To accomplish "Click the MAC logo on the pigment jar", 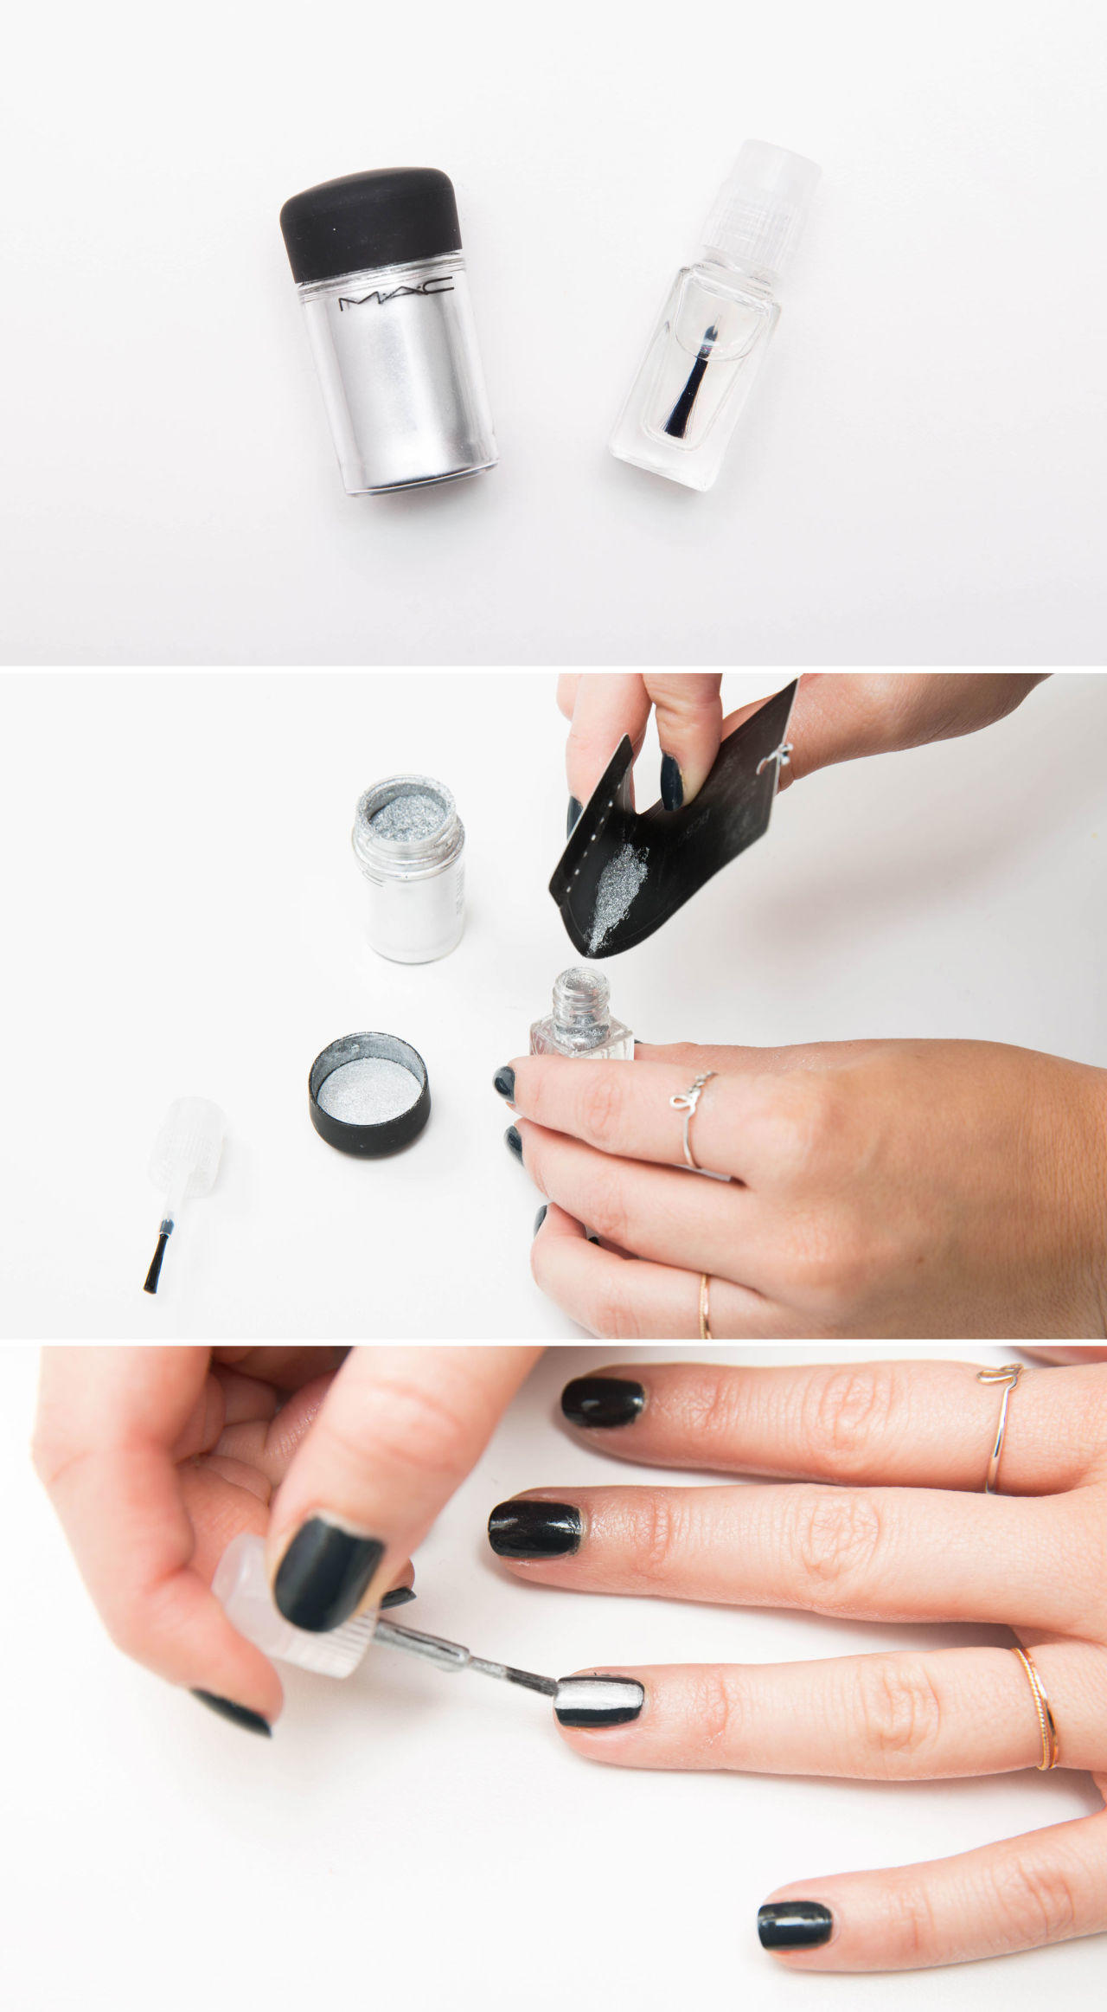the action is pyautogui.click(x=395, y=297).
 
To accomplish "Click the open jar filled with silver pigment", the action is pyautogui.click(x=409, y=867).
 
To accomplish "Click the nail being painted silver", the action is pyautogui.click(x=598, y=1700).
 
